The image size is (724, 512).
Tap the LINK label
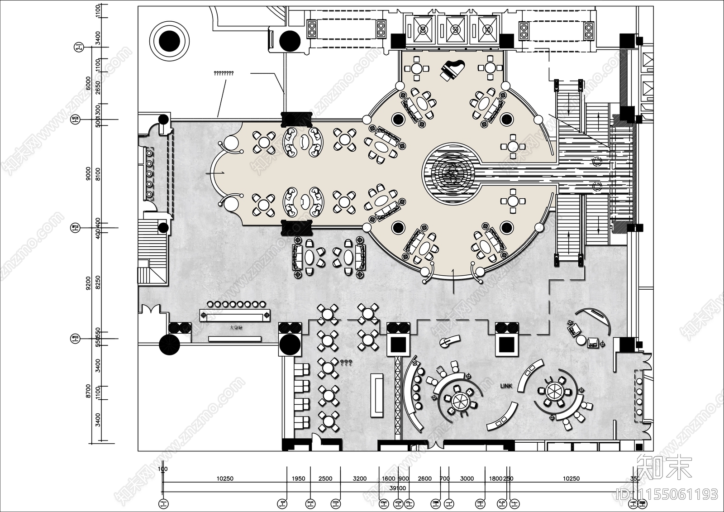506,386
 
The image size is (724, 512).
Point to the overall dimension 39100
398,488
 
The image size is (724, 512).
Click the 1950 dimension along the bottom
298,479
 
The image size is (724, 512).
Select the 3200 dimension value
359,479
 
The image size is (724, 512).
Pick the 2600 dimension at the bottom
424,479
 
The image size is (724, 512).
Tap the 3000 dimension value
467,479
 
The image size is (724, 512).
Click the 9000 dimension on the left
89,173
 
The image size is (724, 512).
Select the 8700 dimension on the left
89,391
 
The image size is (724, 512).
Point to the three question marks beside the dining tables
346,363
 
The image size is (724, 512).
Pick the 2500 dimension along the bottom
325,479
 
